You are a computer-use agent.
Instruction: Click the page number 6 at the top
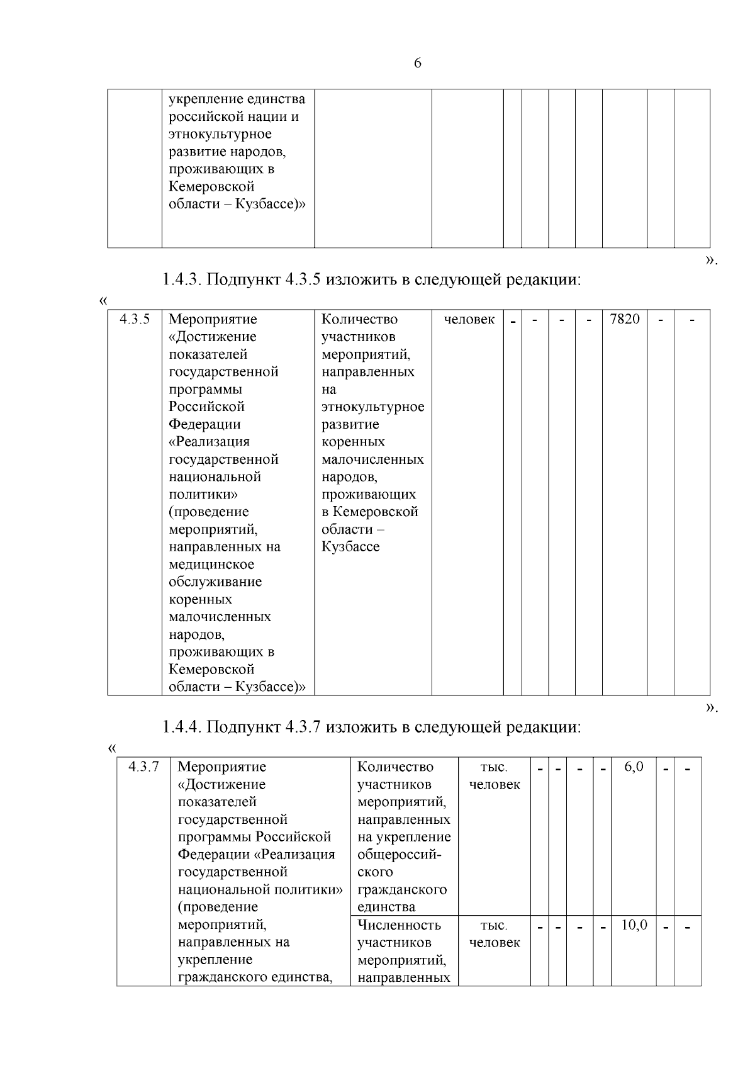[418, 64]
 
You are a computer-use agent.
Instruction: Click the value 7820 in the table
[624, 319]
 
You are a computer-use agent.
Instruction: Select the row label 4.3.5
[135, 319]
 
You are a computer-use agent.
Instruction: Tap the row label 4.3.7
[143, 767]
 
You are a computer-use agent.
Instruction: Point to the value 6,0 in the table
[634, 767]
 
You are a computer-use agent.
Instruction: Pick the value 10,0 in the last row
[634, 925]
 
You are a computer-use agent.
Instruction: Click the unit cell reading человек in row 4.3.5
[469, 320]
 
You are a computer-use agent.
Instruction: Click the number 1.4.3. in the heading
[182, 279]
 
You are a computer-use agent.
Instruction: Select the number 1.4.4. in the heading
[182, 727]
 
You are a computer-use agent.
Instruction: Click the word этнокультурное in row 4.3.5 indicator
[372, 407]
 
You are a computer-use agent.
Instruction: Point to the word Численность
[399, 925]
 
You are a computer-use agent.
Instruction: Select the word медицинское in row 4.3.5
[211, 565]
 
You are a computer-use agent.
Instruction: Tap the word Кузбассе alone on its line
[350, 547]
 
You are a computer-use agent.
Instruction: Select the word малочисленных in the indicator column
[372, 459]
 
